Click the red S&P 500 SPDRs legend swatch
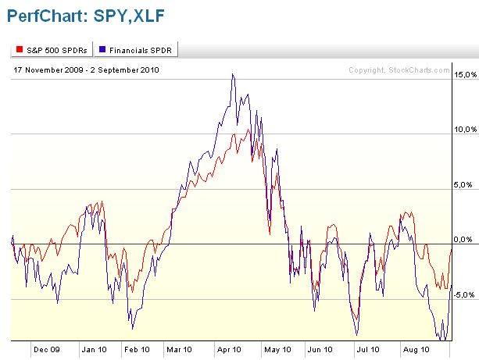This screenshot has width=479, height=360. pyautogui.click(x=19, y=50)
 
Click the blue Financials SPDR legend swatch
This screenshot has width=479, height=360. pyautogui.click(x=104, y=50)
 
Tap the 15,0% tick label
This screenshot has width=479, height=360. pyautogui.click(x=465, y=75)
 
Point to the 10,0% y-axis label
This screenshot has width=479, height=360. pyautogui.click(x=465, y=130)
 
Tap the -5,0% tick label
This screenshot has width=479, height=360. pyautogui.click(x=466, y=295)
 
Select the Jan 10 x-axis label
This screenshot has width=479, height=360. pyautogui.click(x=96, y=350)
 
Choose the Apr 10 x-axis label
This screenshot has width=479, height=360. pyautogui.click(x=228, y=350)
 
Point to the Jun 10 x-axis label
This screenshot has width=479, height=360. pyautogui.click(x=320, y=350)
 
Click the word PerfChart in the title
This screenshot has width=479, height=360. pyautogui.click(x=45, y=15)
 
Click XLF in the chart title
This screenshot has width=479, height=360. pyautogui.click(x=147, y=15)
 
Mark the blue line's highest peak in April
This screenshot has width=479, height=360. pyautogui.click(x=232, y=74)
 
